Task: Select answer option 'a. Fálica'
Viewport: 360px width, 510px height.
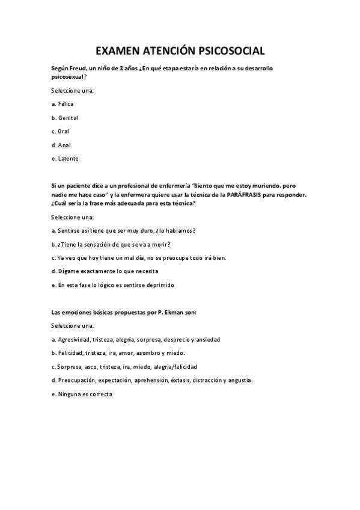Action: pos(63,104)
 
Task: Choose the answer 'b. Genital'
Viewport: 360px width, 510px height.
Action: pos(65,118)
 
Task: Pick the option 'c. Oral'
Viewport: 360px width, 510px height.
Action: pos(60,131)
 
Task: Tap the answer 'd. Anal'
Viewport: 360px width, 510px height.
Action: pos(61,145)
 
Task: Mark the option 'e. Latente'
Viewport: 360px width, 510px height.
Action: pos(65,159)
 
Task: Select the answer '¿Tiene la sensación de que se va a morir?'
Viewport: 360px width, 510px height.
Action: pos(111,244)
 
